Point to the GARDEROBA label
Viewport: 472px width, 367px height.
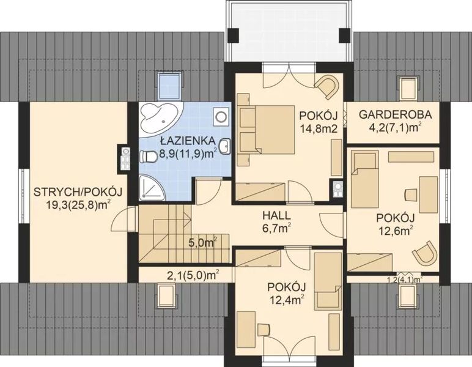tap(395, 114)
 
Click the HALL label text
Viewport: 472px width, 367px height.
tap(276, 217)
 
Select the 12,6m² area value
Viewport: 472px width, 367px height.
tap(394, 230)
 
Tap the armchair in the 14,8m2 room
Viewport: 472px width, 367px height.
tap(327, 85)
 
